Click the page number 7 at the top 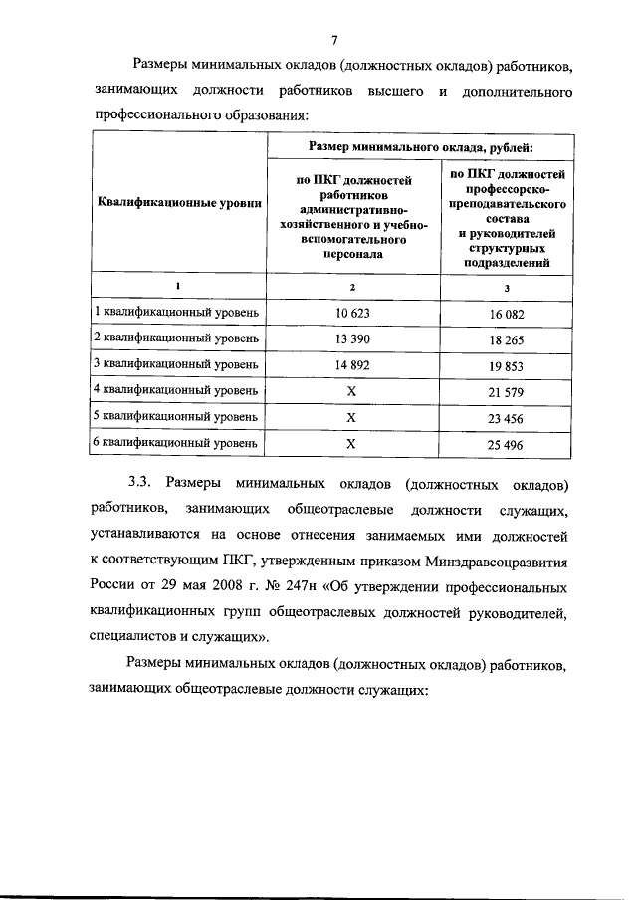click(334, 39)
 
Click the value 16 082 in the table click(507, 313)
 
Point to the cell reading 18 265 click(507, 339)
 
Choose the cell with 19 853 click(507, 365)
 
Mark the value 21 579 click(507, 391)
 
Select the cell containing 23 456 click(507, 418)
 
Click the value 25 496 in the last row click(507, 444)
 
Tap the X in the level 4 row click(350, 391)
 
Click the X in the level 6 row click(350, 444)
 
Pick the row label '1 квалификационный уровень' click(176, 313)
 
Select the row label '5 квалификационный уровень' click(176, 418)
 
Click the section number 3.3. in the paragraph click(139, 484)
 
